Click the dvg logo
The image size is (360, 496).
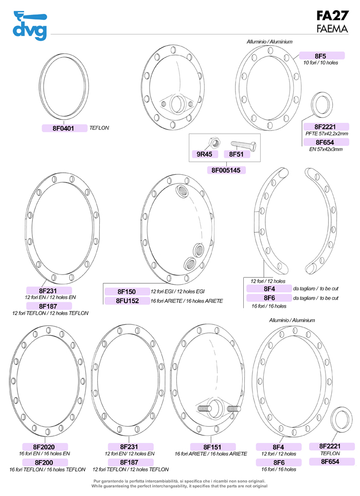click(x=30, y=26)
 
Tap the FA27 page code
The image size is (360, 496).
click(x=332, y=15)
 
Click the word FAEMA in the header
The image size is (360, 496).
click(x=332, y=29)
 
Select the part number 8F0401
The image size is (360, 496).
click(x=63, y=128)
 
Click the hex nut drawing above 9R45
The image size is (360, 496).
click(x=214, y=143)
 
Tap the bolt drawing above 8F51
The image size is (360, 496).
click(x=243, y=145)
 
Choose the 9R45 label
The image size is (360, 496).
click(x=204, y=154)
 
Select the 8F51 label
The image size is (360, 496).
click(x=237, y=154)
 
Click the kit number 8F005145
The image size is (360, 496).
click(x=226, y=170)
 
